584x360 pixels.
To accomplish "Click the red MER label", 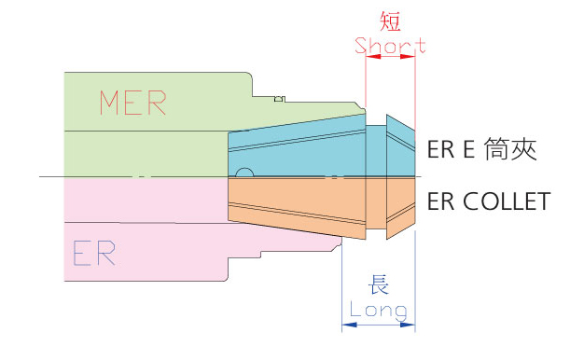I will click(132, 103).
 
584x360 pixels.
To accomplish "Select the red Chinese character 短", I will click(390, 20).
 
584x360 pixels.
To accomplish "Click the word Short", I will click(390, 44).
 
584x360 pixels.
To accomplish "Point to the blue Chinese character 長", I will click(379, 285).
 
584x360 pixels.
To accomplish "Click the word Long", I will click(379, 309).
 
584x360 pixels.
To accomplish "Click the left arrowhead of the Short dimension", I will click(369, 56).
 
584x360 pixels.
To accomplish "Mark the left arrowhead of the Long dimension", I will click(348, 325).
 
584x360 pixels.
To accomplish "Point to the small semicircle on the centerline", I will click(243, 173).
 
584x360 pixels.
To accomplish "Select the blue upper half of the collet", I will click(299, 149).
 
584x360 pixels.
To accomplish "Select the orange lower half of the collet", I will click(299, 201).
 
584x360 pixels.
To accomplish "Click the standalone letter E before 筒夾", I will click(470, 150).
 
